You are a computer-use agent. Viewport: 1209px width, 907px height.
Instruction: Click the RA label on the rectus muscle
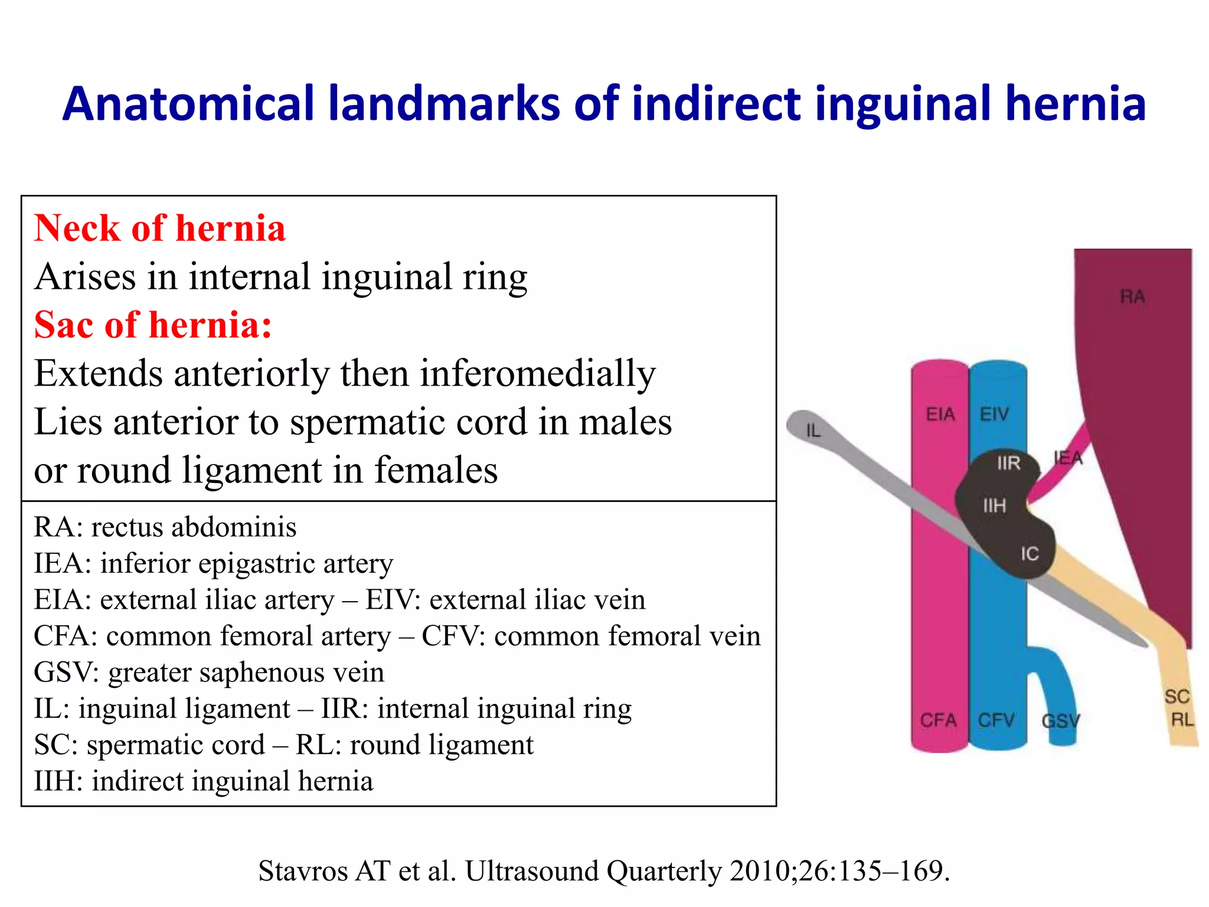(1132, 296)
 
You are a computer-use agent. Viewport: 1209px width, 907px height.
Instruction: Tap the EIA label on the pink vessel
(940, 414)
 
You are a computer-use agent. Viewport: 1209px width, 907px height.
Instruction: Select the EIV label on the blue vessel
(994, 414)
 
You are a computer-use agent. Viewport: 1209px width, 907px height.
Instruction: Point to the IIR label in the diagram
(1008, 463)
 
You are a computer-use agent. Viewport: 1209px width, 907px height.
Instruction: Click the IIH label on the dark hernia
(994, 505)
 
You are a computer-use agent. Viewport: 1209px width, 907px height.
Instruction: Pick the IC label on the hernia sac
(1030, 553)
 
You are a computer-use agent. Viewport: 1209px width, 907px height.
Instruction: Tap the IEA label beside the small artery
(1069, 458)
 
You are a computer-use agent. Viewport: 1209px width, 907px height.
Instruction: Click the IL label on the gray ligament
(813, 430)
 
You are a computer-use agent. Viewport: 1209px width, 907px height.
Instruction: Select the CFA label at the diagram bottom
(938, 720)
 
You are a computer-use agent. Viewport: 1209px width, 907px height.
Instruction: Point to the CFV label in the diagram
(996, 720)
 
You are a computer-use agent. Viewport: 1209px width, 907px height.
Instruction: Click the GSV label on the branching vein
(1060, 721)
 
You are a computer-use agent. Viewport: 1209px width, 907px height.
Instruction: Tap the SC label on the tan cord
(1177, 697)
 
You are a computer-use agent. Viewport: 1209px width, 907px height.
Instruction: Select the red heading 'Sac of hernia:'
(153, 325)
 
